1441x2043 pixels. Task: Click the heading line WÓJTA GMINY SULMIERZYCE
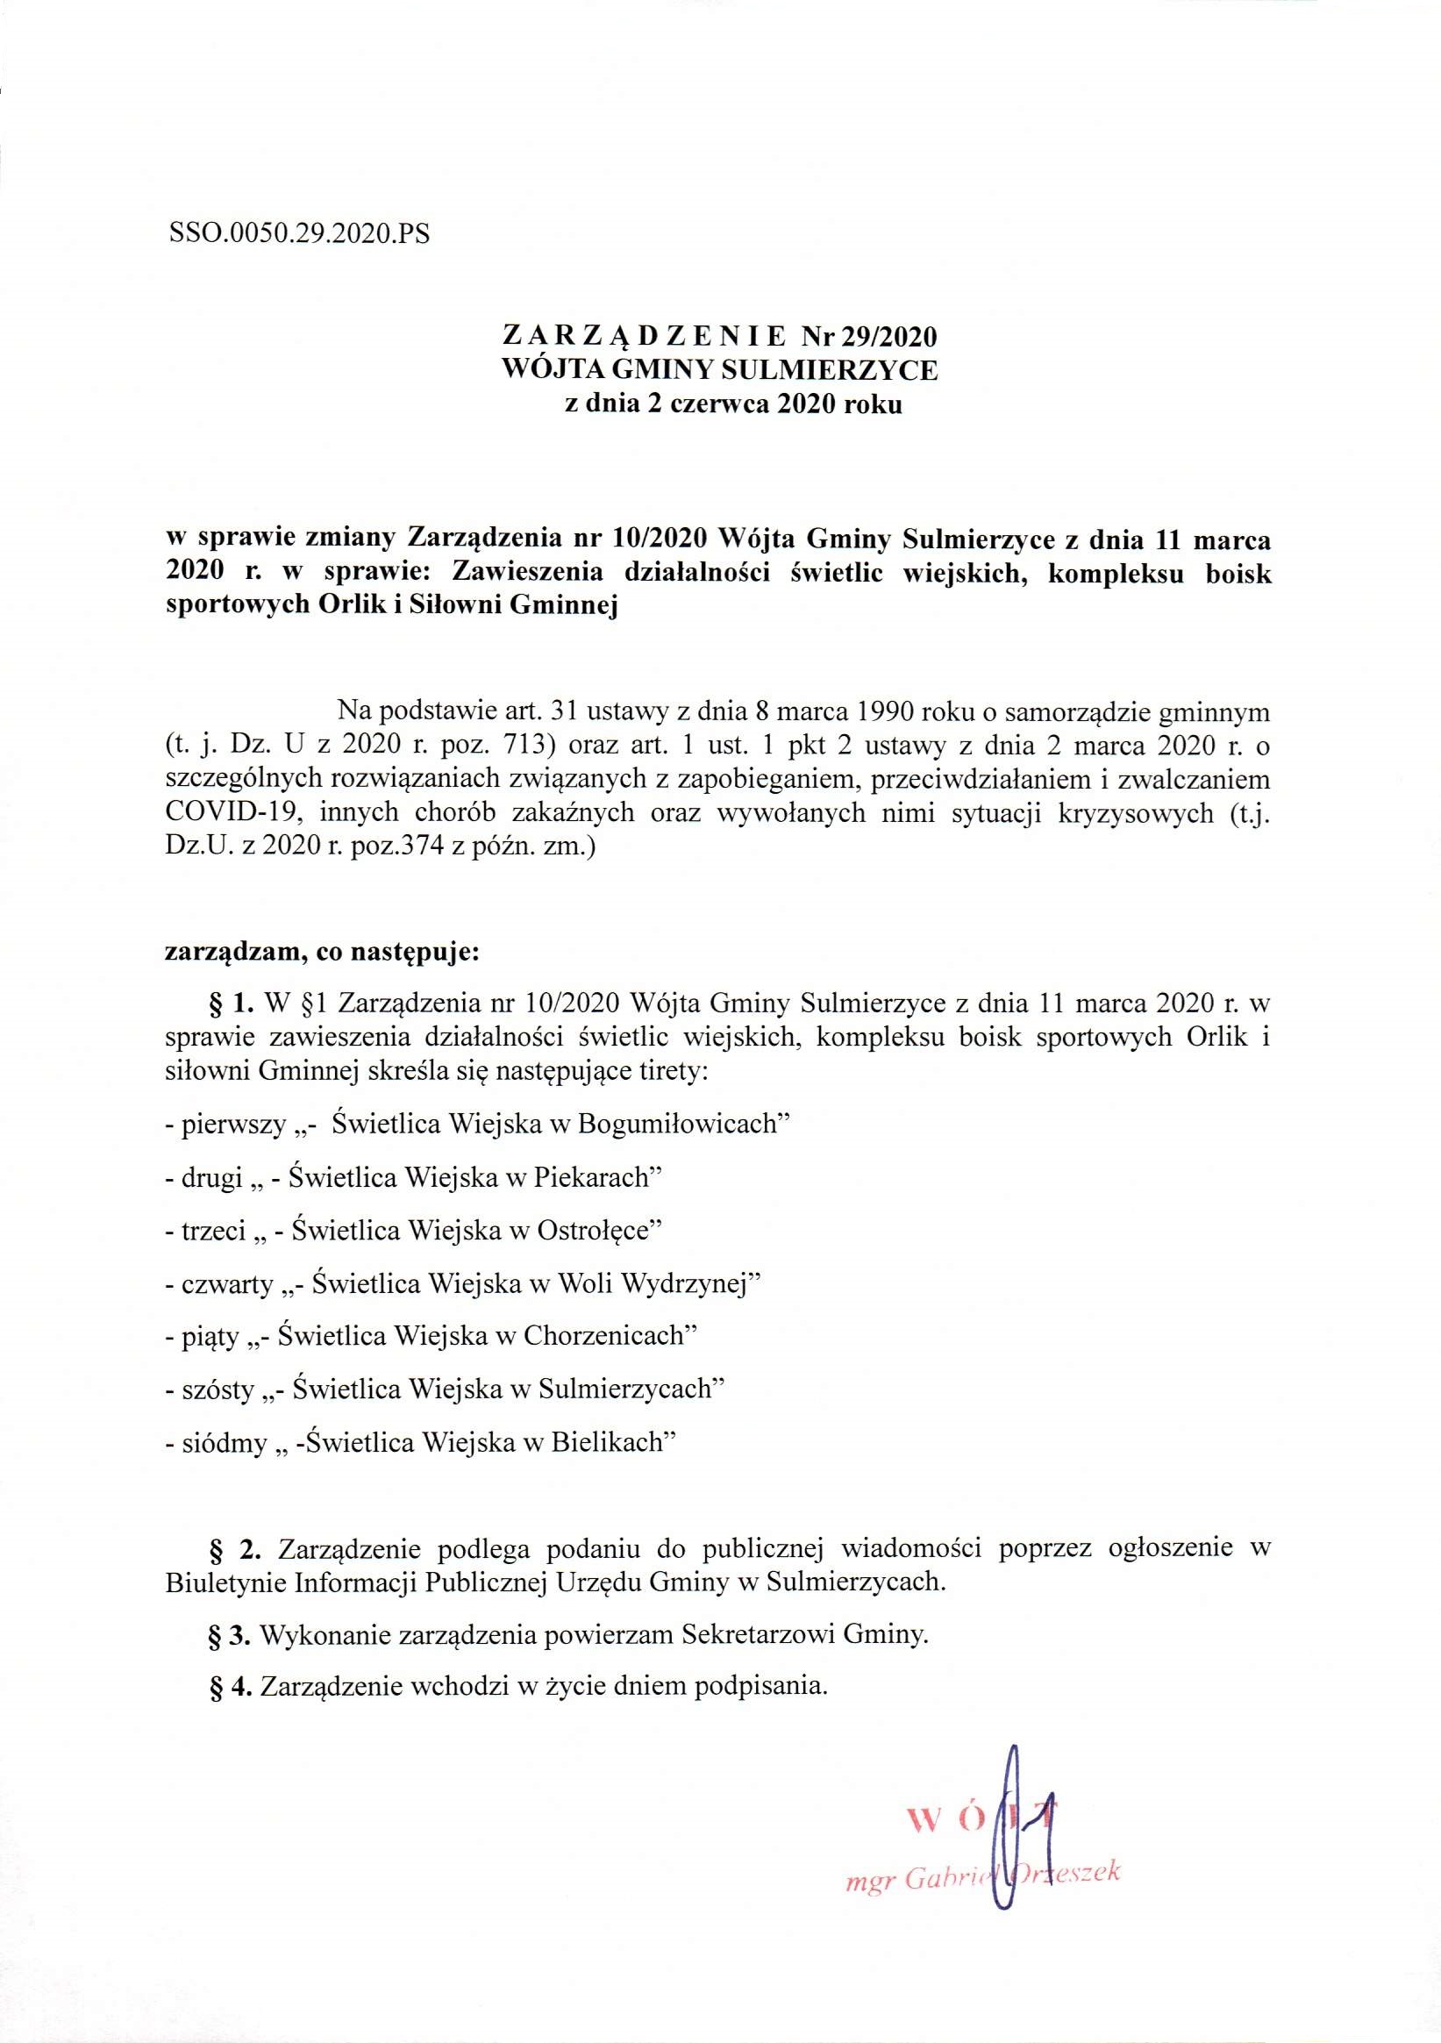[721, 369]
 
